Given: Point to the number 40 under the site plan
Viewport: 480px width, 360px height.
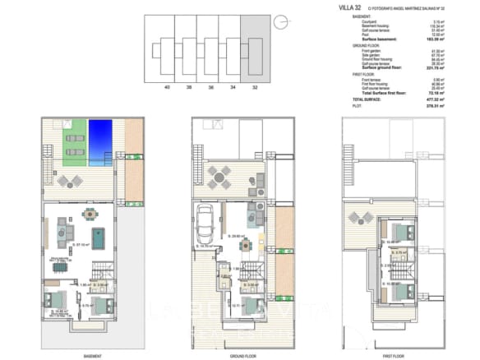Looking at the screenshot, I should click(167, 85).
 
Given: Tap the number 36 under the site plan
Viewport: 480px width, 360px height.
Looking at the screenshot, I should click(211, 85).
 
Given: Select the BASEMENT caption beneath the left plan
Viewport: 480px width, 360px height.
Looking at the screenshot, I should click(93, 356).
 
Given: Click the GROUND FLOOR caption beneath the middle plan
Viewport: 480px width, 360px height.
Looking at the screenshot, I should click(243, 356).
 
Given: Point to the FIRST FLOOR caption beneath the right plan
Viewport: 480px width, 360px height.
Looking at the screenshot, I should click(393, 356).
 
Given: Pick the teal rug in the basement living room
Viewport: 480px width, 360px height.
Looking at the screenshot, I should click(98, 238).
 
